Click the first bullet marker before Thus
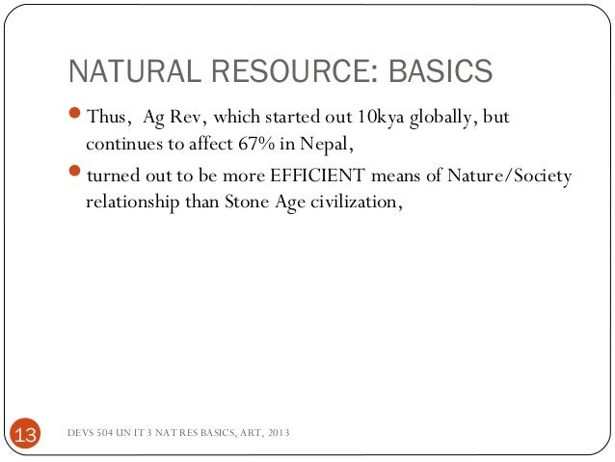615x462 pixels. tap(76, 119)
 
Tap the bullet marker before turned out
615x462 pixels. tap(76, 177)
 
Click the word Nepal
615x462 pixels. tap(330, 146)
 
